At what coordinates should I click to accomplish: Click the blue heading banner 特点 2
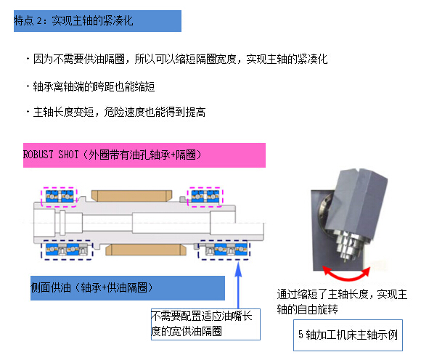point(97,21)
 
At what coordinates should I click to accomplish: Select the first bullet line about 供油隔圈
point(177,59)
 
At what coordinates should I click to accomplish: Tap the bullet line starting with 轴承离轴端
point(91,86)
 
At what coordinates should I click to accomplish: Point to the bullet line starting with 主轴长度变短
point(116,112)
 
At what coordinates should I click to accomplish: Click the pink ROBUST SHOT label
point(144,155)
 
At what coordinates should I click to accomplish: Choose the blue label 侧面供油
point(128,288)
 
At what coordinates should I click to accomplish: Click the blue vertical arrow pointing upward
point(238,285)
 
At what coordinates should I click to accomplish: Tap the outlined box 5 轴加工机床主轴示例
point(348,335)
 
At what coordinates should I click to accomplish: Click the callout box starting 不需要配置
point(205,324)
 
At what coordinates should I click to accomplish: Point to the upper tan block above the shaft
point(131,196)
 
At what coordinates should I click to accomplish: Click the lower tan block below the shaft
point(146,250)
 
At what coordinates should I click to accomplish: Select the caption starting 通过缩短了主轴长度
point(342,302)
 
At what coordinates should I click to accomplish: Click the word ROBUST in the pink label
point(38,155)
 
